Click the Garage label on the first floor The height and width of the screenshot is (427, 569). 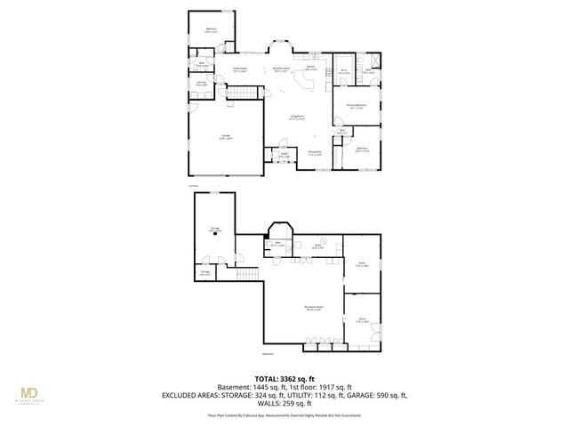pyautogui.click(x=227, y=135)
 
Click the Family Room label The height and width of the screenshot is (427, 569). pyautogui.click(x=240, y=68)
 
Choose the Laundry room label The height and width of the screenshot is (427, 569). pyautogui.click(x=202, y=83)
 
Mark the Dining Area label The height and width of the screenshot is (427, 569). pyautogui.click(x=314, y=152)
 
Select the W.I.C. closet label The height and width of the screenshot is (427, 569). pyautogui.click(x=343, y=70)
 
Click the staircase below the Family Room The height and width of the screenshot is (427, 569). pyautogui.click(x=241, y=93)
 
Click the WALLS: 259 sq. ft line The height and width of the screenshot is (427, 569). pyautogui.click(x=284, y=404)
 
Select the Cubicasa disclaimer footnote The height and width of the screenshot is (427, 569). pyautogui.click(x=284, y=415)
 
